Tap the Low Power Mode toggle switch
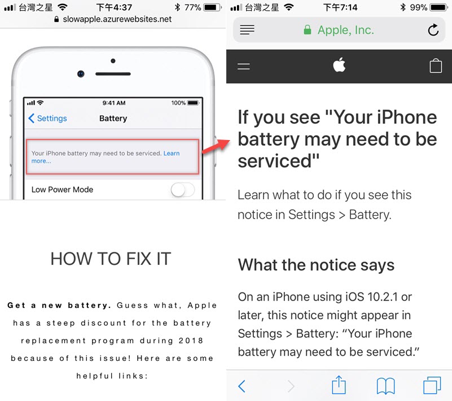(x=183, y=190)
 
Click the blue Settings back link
(x=47, y=118)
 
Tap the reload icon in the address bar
(x=433, y=30)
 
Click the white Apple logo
(x=339, y=64)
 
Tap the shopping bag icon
(x=436, y=66)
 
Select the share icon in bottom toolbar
(x=339, y=385)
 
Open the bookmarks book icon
(x=386, y=386)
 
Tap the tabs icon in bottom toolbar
(x=432, y=385)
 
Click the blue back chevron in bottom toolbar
(x=242, y=386)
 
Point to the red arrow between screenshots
(x=216, y=146)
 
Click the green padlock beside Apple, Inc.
(x=308, y=30)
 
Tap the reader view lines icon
(x=247, y=30)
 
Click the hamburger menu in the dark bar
(x=244, y=67)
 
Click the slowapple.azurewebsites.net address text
(x=117, y=19)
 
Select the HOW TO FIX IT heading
(x=111, y=259)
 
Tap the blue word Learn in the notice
(x=172, y=153)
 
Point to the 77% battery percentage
(x=192, y=7)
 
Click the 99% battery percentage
(x=419, y=7)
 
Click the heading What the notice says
(x=316, y=265)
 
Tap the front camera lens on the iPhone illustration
(x=81, y=74)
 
